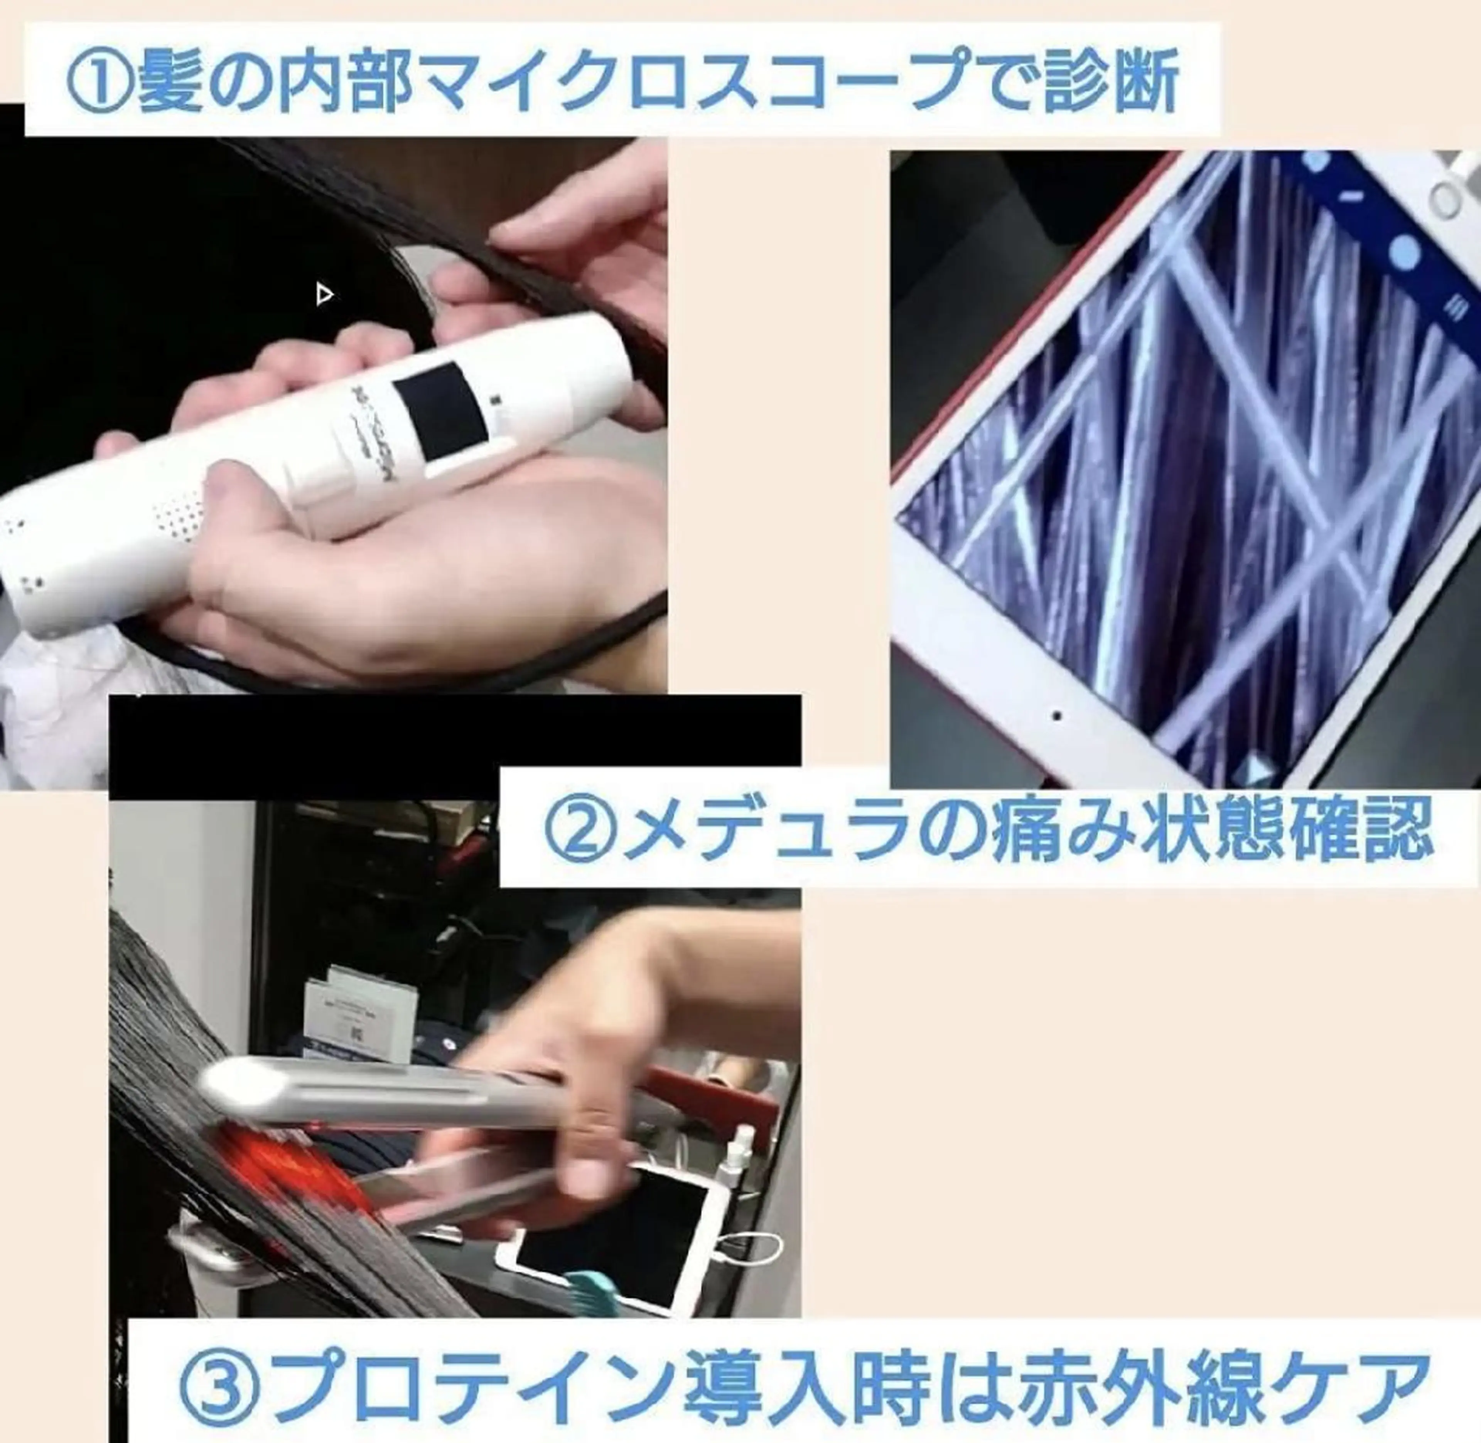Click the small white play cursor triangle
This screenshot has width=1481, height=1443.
click(324, 294)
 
